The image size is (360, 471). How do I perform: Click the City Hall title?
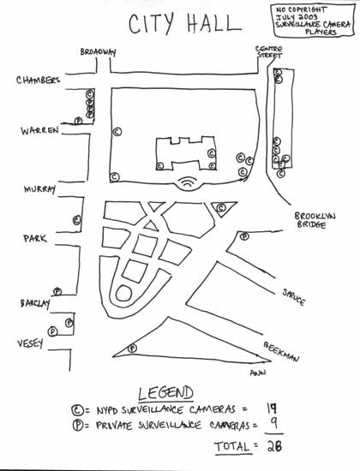184,23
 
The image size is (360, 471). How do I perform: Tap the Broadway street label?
98,52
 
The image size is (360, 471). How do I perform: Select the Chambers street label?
38,80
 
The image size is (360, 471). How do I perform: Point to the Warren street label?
39,131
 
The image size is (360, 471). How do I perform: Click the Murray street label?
39,189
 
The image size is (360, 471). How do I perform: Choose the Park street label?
35,239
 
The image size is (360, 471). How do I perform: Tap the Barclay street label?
35,303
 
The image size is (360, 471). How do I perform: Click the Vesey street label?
30,343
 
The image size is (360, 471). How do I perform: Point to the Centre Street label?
269,52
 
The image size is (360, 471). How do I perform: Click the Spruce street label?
294,297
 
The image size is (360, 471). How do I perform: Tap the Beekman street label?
281,351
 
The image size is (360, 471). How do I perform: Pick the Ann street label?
258,373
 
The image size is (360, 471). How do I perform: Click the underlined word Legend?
165,393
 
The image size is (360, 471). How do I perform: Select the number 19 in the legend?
272,408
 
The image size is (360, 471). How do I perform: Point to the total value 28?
274,446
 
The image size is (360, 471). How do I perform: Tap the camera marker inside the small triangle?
221,207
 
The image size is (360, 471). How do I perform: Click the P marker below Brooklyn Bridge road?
244,236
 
